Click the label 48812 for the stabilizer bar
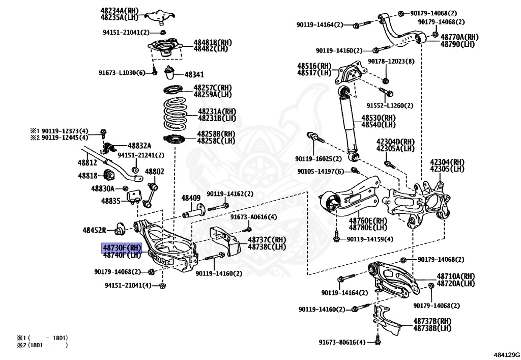(x=87, y=163)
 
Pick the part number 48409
(x=191, y=198)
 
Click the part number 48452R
(x=94, y=230)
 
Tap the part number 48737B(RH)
(x=432, y=321)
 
